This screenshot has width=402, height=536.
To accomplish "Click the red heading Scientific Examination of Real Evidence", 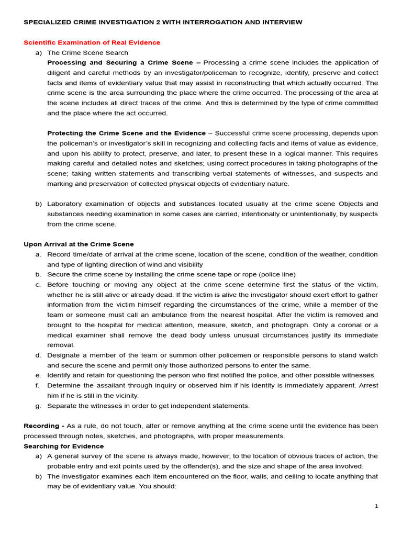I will click(92, 42).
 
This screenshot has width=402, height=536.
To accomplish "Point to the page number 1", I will click(376, 506).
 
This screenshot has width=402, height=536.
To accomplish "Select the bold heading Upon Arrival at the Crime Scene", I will click(79, 244).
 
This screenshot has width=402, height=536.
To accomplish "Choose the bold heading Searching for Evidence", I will click(63, 446).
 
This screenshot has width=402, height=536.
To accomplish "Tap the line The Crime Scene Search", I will click(87, 53).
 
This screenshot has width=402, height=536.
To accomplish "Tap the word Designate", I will click(64, 355).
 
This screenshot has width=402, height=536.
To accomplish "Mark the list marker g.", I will click(38, 406).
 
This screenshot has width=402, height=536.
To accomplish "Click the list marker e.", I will click(38, 375).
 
